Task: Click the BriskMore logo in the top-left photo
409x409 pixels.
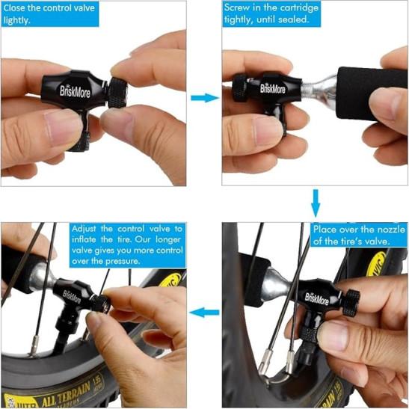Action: (x=75, y=91)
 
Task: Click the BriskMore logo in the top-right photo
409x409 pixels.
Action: (x=273, y=88)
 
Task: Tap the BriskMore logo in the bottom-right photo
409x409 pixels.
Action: (x=317, y=299)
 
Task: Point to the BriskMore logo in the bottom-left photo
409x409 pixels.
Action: (x=72, y=297)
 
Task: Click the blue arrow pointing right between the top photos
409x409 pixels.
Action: (x=205, y=98)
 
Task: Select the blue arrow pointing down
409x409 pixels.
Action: (x=316, y=203)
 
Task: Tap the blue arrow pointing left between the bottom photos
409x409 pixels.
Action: (x=204, y=313)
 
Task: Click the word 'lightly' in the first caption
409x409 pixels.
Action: (x=16, y=20)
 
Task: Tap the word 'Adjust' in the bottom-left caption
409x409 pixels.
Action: (x=84, y=230)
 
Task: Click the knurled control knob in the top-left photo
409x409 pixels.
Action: (x=117, y=92)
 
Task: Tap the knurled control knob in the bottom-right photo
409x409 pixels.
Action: (x=351, y=303)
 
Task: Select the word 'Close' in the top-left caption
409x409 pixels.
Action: (x=14, y=7)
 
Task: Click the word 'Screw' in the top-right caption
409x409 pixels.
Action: (x=236, y=7)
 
